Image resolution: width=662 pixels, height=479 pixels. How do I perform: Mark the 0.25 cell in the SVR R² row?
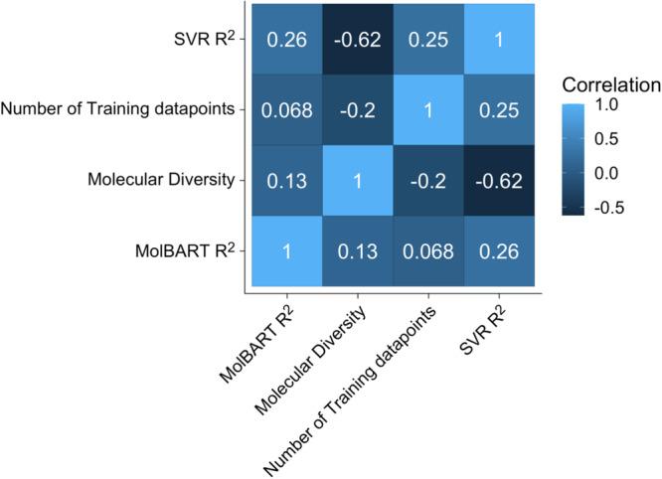click(x=428, y=39)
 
